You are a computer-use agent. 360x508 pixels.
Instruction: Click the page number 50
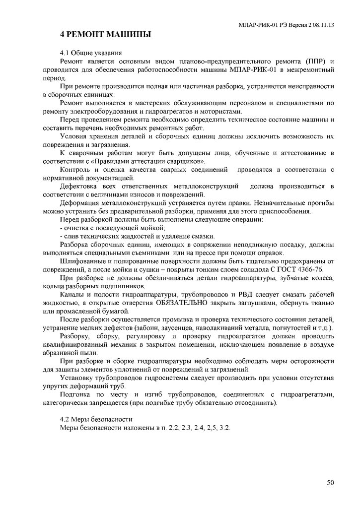(330, 482)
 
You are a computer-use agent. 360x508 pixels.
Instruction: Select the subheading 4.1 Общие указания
(90, 53)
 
